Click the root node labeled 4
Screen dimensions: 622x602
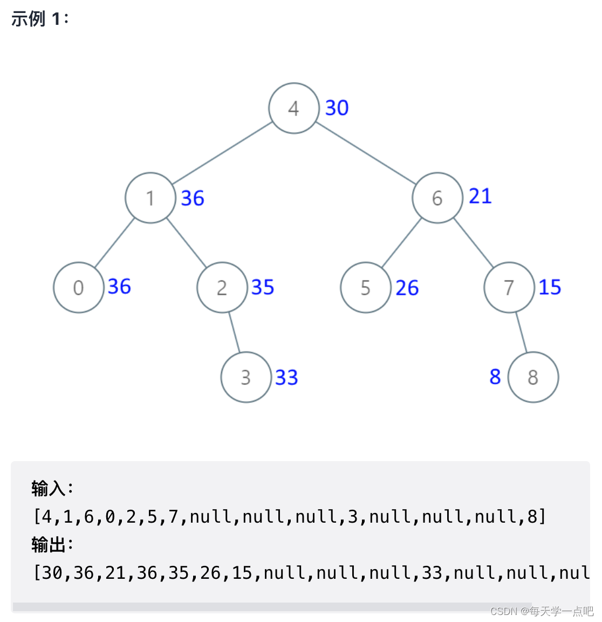pyautogui.click(x=293, y=108)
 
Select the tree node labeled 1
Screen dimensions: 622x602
pyautogui.click(x=150, y=198)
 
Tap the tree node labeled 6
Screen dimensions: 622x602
pyautogui.click(x=437, y=198)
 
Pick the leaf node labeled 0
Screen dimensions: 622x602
pyautogui.click(x=79, y=287)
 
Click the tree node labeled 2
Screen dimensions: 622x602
pyautogui.click(x=222, y=287)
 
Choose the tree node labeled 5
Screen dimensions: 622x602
pyautogui.click(x=365, y=287)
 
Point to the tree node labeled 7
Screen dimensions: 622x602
pyautogui.click(x=509, y=287)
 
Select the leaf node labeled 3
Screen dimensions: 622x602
pyautogui.click(x=246, y=377)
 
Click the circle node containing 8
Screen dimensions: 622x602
pyautogui.click(x=533, y=377)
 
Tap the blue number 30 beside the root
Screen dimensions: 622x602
pyautogui.click(x=337, y=108)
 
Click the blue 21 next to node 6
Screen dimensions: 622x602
pyautogui.click(x=480, y=196)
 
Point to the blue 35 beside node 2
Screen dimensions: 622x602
pyautogui.click(x=263, y=287)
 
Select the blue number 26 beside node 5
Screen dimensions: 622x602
pyautogui.click(x=407, y=288)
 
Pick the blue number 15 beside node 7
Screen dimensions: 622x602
pyautogui.click(x=550, y=287)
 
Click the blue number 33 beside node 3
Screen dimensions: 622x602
pyautogui.click(x=286, y=377)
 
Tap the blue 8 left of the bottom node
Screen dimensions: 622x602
pyautogui.click(x=495, y=377)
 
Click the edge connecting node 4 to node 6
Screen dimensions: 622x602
pyautogui.click(x=365, y=153)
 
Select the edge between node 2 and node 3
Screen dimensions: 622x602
pyautogui.click(x=234, y=332)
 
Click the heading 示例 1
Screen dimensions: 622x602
pyautogui.click(x=39, y=19)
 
